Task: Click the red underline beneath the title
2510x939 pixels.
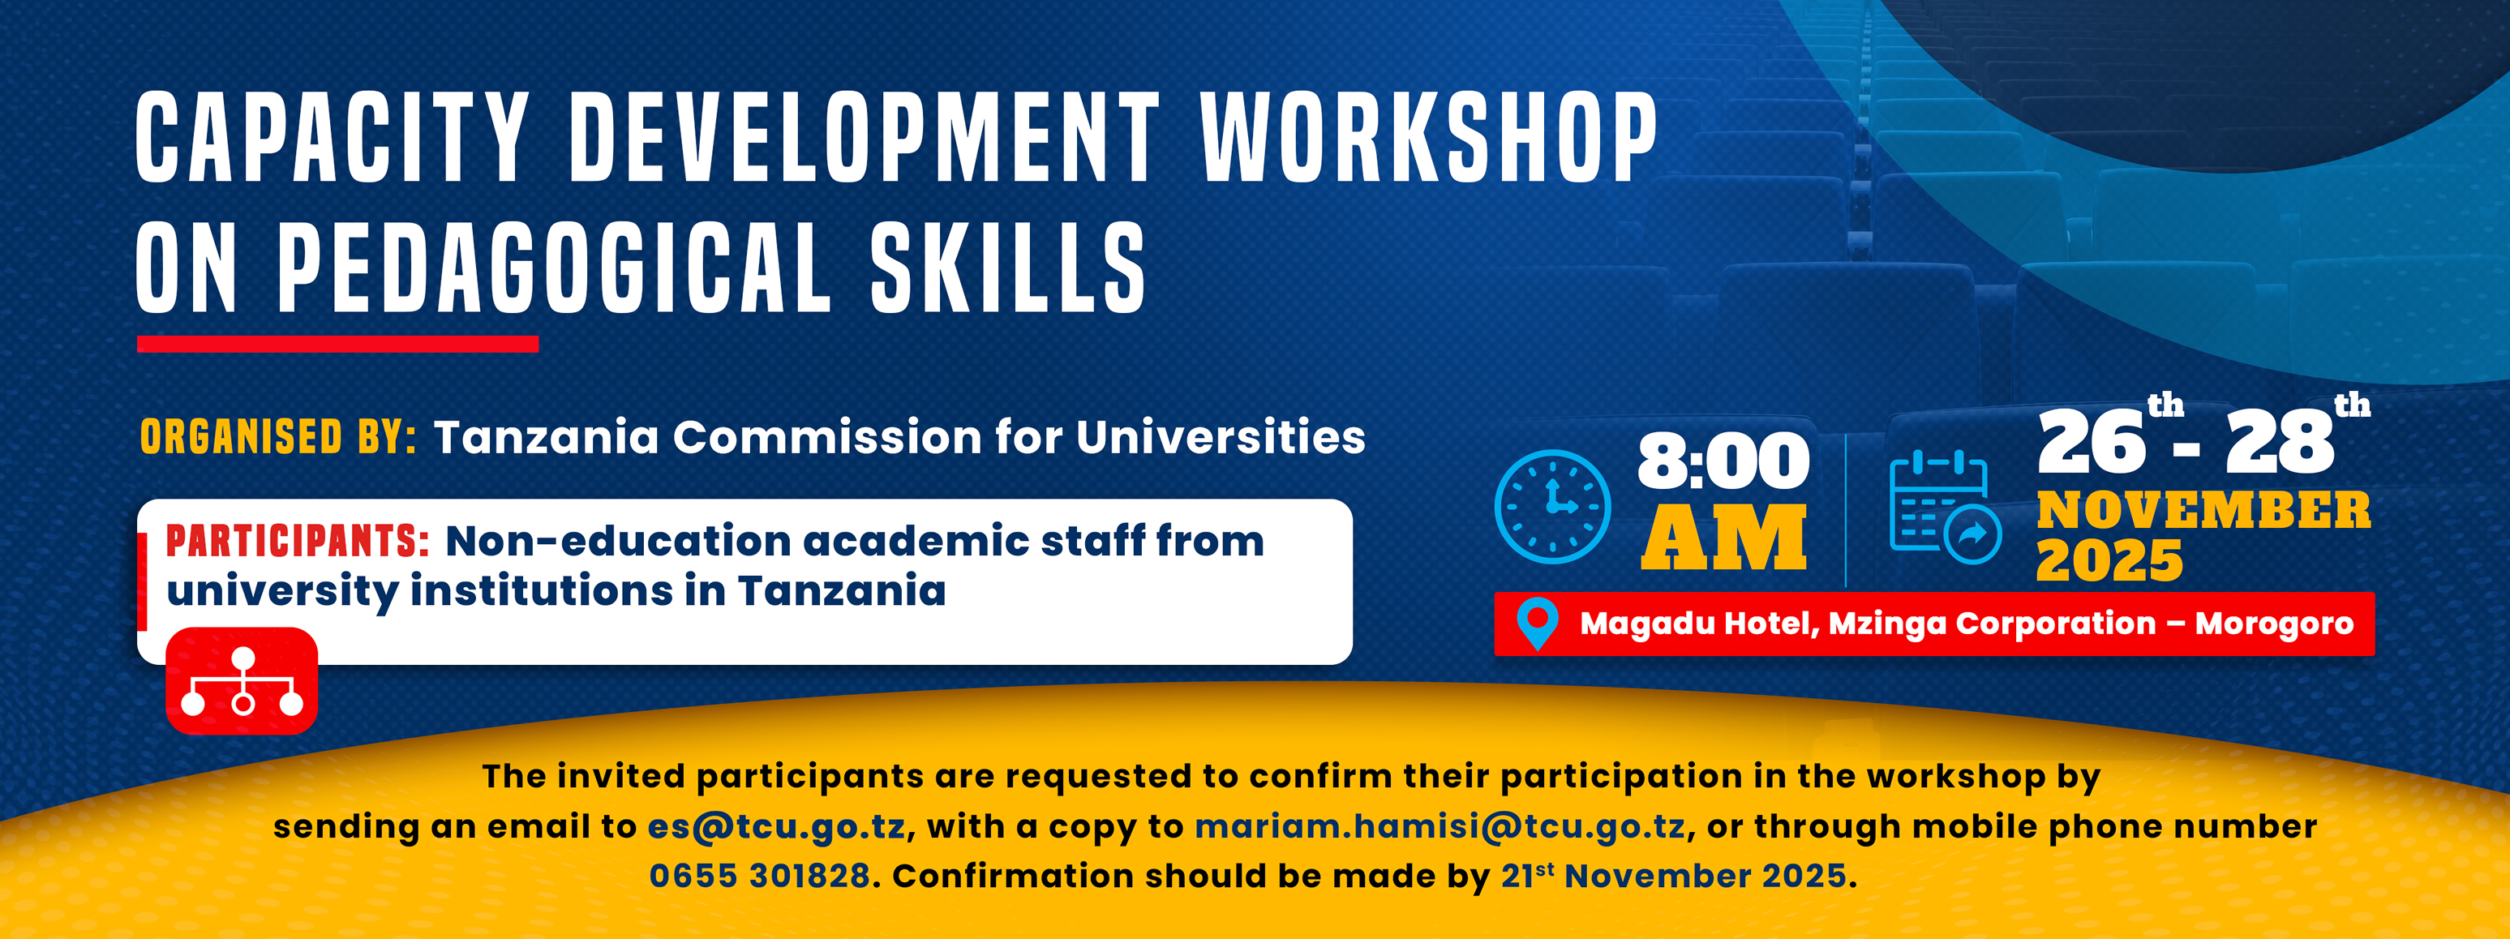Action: (337, 344)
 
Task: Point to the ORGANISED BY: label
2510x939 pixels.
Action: (277, 436)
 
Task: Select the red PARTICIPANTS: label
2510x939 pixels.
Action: (297, 541)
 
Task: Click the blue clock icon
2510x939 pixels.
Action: (1551, 507)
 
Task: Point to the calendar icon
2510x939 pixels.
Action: (1944, 507)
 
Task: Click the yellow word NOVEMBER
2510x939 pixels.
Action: (2203, 509)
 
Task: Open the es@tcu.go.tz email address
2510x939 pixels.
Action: (777, 826)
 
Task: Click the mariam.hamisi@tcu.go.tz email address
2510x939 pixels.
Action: (1439, 826)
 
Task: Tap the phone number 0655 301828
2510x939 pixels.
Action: (759, 876)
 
